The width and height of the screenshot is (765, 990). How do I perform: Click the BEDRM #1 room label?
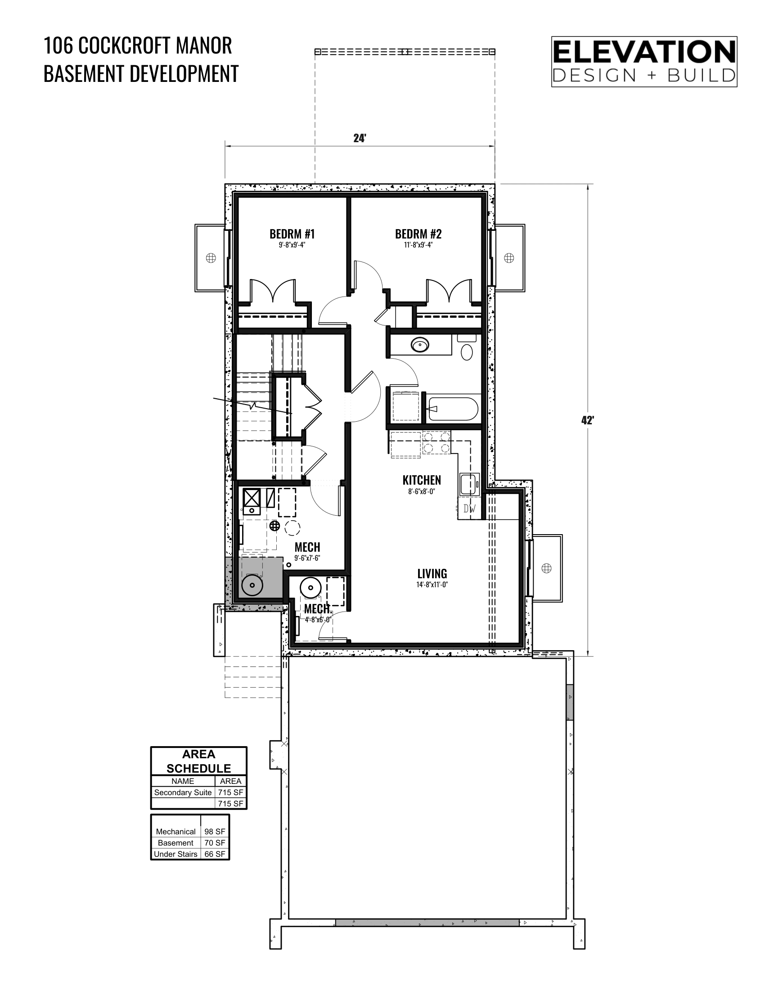292,234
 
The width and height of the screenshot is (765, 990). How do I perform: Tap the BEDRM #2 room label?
418,234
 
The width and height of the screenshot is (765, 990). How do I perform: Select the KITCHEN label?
422,480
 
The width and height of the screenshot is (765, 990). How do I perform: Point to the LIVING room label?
432,573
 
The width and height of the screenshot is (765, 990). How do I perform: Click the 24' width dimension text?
360,138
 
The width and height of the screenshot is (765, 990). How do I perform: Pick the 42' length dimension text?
587,420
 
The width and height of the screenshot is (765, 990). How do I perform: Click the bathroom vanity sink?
420,346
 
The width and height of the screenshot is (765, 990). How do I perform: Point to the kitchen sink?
469,485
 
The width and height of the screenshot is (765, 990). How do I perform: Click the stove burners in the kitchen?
436,442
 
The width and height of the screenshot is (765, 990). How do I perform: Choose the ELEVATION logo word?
644,52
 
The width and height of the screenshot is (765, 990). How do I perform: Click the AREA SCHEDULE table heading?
199,761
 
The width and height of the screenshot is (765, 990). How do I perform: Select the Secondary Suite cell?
183,792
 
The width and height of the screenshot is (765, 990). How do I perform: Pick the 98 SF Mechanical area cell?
215,831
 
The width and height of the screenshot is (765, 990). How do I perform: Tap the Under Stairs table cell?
175,854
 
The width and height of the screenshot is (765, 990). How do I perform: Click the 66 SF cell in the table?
215,854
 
